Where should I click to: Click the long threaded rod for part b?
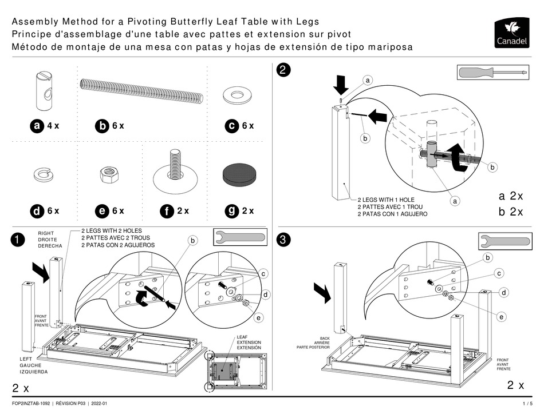point(141,91)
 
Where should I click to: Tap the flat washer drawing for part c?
point(235,95)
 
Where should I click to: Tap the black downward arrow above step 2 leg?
point(341,86)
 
